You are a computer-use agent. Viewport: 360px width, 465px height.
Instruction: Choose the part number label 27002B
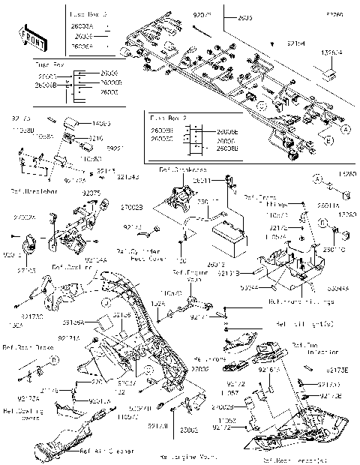(x=132, y=206)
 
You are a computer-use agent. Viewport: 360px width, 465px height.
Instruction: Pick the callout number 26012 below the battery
(x=217, y=264)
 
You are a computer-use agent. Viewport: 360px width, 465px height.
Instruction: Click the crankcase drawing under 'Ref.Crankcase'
(x=180, y=199)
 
